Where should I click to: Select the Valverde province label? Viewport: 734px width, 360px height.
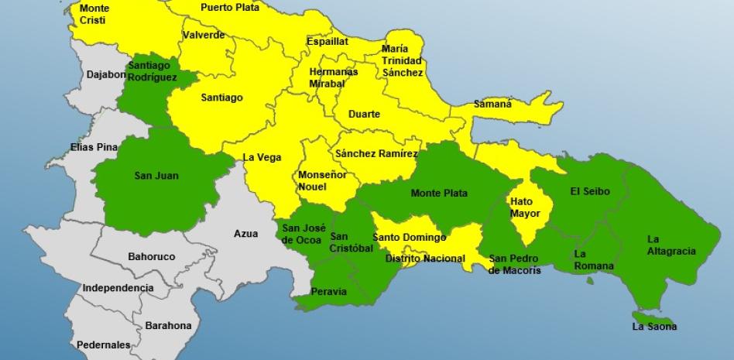point(204,35)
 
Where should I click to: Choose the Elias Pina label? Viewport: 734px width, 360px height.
point(93,146)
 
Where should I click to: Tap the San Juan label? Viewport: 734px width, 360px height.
point(156,176)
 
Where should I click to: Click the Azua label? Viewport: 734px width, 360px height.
point(246,232)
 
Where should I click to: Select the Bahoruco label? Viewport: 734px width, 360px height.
point(151,256)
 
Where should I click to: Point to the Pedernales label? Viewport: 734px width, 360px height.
point(104,345)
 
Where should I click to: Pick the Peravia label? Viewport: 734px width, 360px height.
point(328,292)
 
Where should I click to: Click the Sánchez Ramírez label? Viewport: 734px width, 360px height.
point(377,154)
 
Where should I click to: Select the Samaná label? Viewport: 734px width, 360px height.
point(493,104)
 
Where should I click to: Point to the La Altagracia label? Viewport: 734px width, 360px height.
point(671,245)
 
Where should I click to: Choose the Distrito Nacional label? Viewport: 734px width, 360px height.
point(424,259)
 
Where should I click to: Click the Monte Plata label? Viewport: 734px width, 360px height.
point(439,194)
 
